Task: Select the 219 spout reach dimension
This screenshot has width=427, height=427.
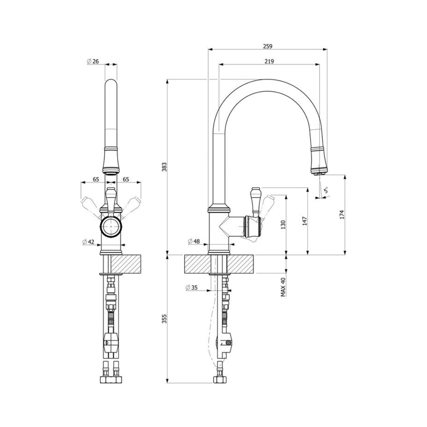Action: coord(269,61)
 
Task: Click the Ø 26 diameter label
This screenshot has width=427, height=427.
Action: coord(93,61)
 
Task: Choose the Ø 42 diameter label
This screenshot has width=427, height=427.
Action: coord(90,241)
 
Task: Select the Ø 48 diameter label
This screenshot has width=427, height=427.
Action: coord(194,241)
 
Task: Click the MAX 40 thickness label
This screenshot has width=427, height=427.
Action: coord(283,287)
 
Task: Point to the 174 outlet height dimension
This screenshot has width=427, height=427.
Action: coord(342,214)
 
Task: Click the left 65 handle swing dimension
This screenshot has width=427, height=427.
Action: coord(96,179)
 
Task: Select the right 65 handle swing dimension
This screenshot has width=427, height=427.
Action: coord(126,179)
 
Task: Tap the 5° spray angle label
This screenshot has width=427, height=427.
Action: coord(327,191)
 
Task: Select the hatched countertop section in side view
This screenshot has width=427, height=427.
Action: coord(219,264)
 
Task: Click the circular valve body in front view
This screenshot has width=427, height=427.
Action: coord(111,228)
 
